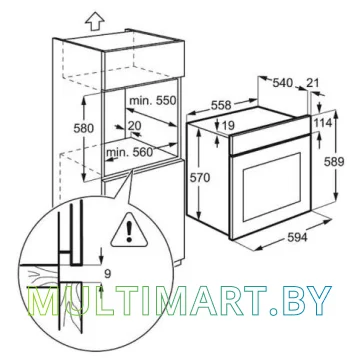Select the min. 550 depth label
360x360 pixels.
152,100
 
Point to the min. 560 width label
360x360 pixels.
129,153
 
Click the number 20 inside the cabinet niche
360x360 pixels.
135,126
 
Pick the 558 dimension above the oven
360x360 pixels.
220,105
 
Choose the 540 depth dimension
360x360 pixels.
283,83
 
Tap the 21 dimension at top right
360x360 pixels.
312,83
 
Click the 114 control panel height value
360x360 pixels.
323,123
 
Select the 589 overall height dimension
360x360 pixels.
335,162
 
